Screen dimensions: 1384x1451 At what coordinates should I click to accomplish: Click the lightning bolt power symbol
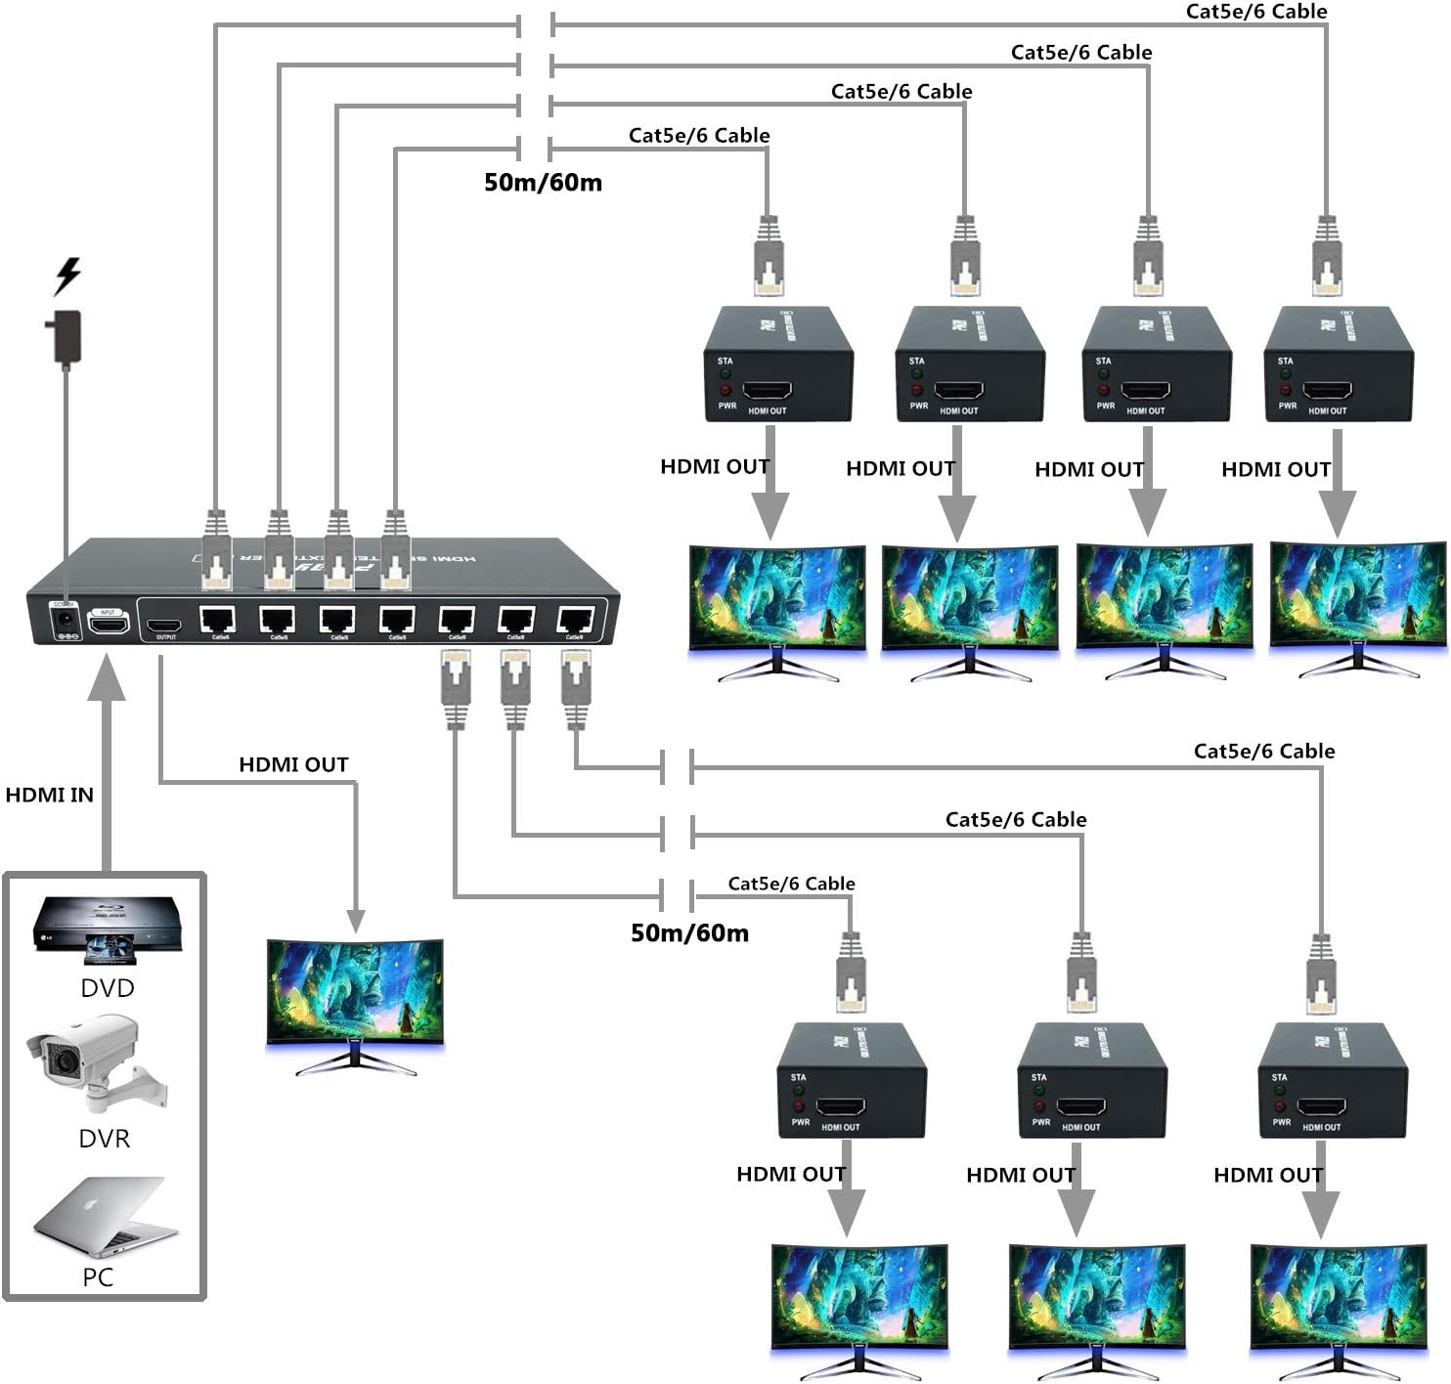pos(67,276)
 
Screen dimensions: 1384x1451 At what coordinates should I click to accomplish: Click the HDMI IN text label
pos(50,795)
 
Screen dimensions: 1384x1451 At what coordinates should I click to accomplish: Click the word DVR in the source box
pos(105,1138)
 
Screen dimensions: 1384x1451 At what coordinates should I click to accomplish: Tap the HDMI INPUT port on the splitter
pos(108,621)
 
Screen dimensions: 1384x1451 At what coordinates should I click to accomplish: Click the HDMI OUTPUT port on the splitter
pos(164,625)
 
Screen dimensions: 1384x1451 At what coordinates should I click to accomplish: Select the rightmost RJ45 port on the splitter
pos(575,621)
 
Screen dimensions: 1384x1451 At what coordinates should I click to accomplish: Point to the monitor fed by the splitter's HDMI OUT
pos(356,997)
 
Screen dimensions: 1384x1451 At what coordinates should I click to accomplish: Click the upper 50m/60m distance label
pos(544,183)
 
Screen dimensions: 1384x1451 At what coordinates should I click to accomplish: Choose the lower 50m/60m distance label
pos(690,932)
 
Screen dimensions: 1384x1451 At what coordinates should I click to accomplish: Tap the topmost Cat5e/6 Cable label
pos(1256,12)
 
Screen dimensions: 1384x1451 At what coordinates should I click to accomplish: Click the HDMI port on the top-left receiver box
pos(768,392)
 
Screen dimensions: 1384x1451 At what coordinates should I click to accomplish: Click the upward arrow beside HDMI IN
pos(107,762)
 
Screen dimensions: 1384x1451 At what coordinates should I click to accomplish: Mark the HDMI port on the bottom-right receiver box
pos(1322,1108)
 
